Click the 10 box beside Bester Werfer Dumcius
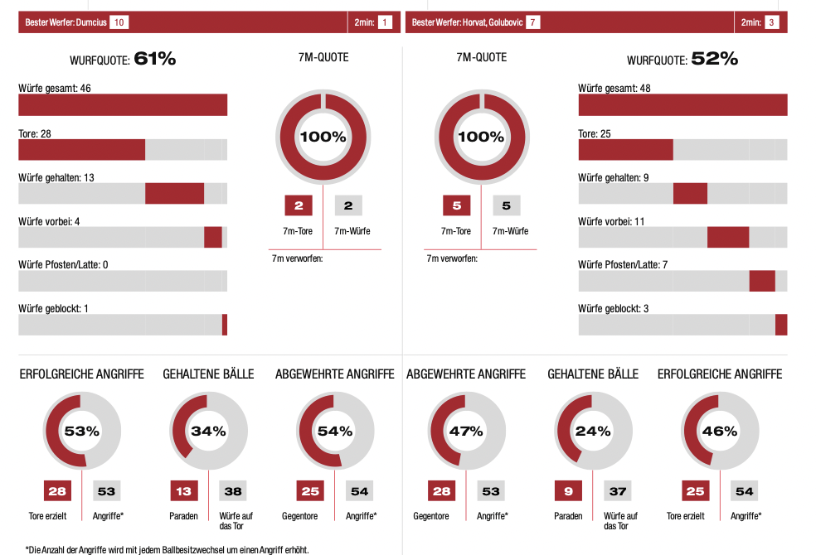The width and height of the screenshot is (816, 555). pyautogui.click(x=118, y=22)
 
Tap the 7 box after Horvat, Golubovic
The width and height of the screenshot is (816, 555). pyautogui.click(x=532, y=22)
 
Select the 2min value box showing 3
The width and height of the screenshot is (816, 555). pyautogui.click(x=772, y=22)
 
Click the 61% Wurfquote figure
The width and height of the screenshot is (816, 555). pyautogui.click(x=154, y=59)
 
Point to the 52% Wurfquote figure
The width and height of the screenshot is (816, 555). pyautogui.click(x=714, y=59)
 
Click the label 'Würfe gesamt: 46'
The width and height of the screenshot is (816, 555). pyautogui.click(x=55, y=88)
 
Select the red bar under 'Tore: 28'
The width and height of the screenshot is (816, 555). pyautogui.click(x=81, y=149)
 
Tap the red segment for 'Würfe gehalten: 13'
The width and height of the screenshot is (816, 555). pyautogui.click(x=174, y=193)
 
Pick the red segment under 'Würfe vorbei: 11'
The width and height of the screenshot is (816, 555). pyautogui.click(x=728, y=237)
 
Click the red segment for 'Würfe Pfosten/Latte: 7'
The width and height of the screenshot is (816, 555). pyautogui.click(x=762, y=281)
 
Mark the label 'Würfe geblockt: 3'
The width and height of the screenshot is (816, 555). pyautogui.click(x=614, y=309)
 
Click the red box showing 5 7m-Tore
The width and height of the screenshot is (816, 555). pyautogui.click(x=455, y=205)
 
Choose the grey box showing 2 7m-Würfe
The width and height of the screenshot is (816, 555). pyautogui.click(x=348, y=205)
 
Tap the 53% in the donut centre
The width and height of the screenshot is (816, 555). pyautogui.click(x=82, y=431)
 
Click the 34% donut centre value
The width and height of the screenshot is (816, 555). pyautogui.click(x=208, y=431)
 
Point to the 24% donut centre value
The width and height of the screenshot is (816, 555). pyautogui.click(x=593, y=431)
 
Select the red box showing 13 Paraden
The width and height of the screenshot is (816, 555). pyautogui.click(x=183, y=491)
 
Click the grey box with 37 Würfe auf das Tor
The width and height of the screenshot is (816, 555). pyautogui.click(x=617, y=491)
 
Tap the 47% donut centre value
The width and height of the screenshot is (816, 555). pyautogui.click(x=466, y=431)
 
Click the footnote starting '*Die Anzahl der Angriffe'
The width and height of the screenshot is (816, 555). pyautogui.click(x=167, y=548)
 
